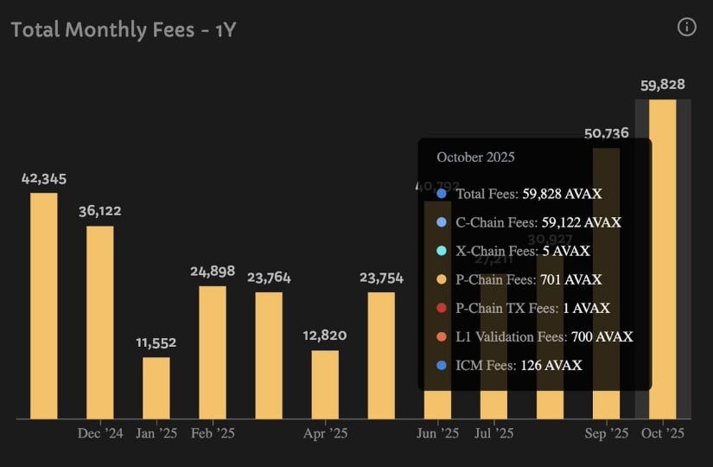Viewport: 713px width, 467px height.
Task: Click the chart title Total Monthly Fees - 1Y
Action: click(124, 29)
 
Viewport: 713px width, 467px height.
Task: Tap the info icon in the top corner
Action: click(687, 27)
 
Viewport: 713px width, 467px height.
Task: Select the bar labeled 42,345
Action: click(44, 305)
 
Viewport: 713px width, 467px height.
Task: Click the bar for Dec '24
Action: click(99, 322)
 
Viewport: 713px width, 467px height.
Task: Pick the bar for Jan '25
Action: click(156, 387)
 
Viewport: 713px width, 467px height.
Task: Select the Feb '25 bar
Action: click(213, 352)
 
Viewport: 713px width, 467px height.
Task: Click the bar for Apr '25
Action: click(325, 384)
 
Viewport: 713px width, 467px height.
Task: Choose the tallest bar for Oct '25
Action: click(663, 259)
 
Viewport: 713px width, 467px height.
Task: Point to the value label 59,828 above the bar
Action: click(663, 85)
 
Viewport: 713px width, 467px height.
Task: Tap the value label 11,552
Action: click(156, 342)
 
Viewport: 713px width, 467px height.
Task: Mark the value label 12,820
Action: click(325, 336)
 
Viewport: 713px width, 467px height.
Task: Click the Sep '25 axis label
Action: click(608, 432)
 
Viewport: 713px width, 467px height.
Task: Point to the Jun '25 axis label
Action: click(438, 432)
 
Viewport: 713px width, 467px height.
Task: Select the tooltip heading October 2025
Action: click(475, 157)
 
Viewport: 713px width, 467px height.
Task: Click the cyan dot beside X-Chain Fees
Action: click(442, 251)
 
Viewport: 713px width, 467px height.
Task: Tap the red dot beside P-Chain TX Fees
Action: click(442, 308)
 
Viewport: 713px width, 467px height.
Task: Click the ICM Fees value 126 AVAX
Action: click(551, 365)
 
